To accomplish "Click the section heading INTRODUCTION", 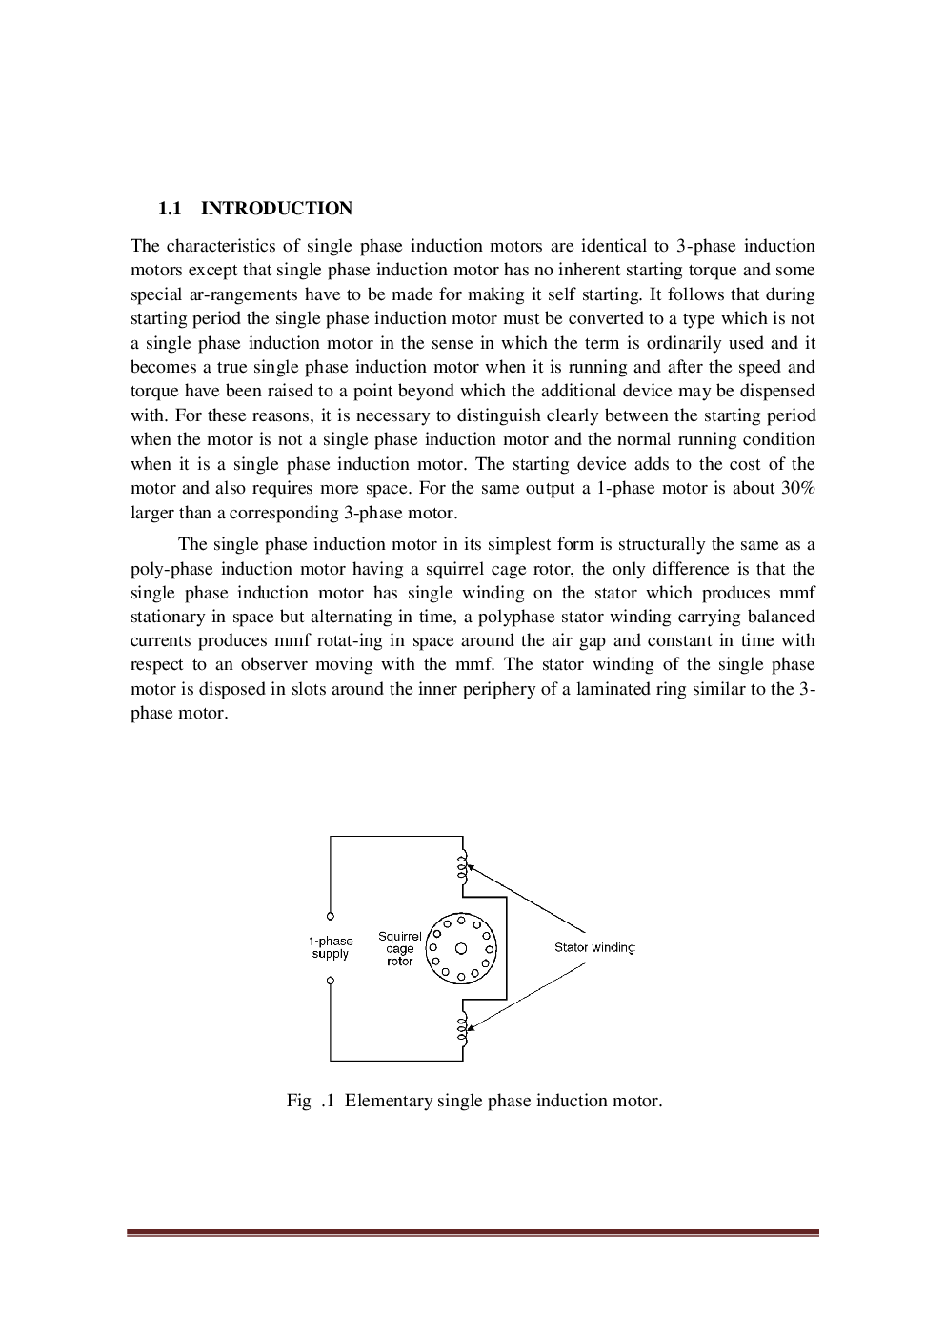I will coord(276,209).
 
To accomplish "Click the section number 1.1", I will coord(170,209).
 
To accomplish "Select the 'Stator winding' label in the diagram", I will coord(593,947).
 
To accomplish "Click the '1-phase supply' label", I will coord(331,947).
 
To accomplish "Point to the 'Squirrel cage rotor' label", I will coord(400,948).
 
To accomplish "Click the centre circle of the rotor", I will coord(461,948).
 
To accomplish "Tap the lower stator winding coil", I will coord(463,1029).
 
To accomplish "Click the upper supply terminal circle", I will coord(331,917).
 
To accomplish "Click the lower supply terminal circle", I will coord(331,981).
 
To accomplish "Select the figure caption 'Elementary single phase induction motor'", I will coord(503,1101).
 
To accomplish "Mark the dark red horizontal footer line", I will coord(472,1233).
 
